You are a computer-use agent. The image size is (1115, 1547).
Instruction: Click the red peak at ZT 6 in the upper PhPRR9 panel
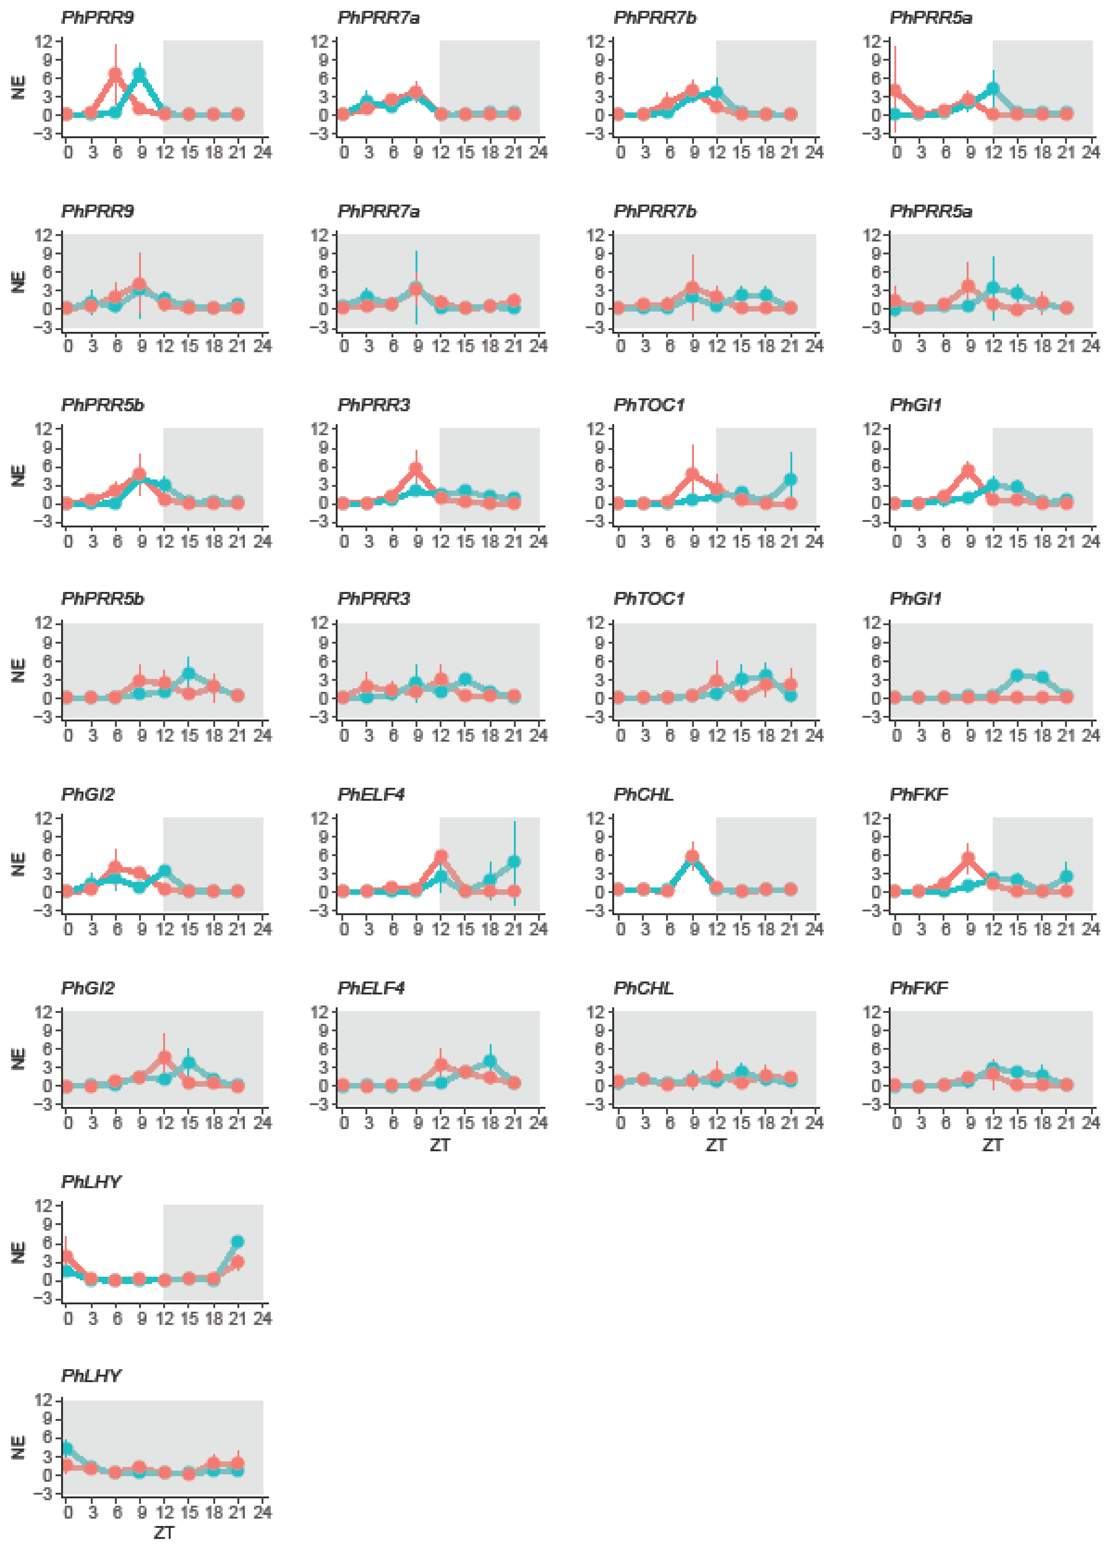(x=115, y=74)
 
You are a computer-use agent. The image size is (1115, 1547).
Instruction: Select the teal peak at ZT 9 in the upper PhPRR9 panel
(x=140, y=75)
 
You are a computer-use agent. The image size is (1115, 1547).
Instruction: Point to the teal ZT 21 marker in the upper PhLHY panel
(x=237, y=1242)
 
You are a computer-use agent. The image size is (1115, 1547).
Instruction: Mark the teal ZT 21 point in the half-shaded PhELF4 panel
(x=514, y=862)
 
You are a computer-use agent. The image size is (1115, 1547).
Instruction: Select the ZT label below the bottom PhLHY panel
(x=164, y=1533)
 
